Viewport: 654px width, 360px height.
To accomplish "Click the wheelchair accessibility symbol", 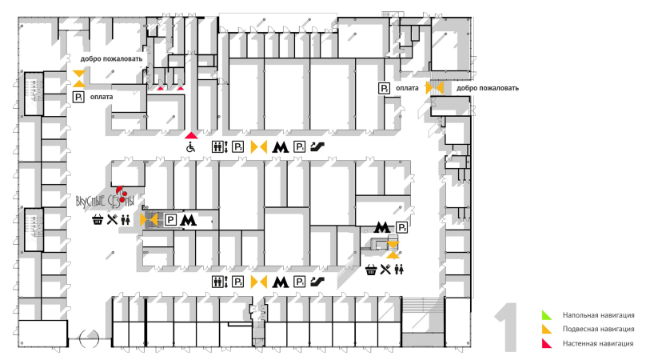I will pyautogui.click(x=190, y=147).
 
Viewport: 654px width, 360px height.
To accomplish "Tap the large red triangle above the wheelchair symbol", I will pyautogui.click(x=190, y=134).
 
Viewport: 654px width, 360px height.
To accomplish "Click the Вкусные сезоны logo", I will pyautogui.click(x=105, y=198).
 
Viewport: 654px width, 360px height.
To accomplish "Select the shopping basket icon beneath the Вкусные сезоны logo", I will pyautogui.click(x=98, y=219).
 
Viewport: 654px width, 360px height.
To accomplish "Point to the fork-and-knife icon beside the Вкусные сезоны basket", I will pyautogui.click(x=113, y=219).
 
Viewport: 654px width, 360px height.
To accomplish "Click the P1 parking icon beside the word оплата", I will pyautogui.click(x=78, y=97).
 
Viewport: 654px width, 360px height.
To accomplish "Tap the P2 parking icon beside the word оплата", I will pyautogui.click(x=385, y=88).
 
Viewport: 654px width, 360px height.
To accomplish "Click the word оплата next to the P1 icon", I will pyautogui.click(x=102, y=97).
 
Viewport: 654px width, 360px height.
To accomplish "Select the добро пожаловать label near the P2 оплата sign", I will pyautogui.click(x=487, y=88).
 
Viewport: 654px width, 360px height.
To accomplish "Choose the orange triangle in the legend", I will pyautogui.click(x=546, y=329).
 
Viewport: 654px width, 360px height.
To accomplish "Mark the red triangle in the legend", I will pyautogui.click(x=546, y=343).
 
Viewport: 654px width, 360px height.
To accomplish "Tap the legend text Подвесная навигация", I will pyautogui.click(x=598, y=329).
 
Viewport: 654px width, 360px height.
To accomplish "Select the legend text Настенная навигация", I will pyautogui.click(x=598, y=343).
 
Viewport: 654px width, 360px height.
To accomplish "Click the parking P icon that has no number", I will pyautogui.click(x=170, y=219).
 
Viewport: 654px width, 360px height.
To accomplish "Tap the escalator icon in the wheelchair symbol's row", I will pyautogui.click(x=317, y=147).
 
